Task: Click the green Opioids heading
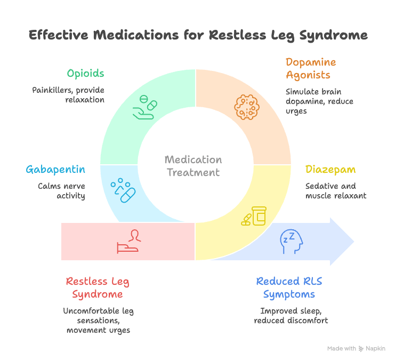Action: (86, 73)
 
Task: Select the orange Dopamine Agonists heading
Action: (311, 69)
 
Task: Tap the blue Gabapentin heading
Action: (55, 170)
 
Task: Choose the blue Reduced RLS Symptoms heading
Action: (288, 287)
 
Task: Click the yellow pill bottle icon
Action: (254, 216)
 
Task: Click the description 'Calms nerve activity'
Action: (61, 191)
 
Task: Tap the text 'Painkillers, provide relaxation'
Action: (68, 95)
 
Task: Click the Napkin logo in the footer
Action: (362, 348)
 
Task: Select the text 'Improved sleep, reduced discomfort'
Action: (291, 316)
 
